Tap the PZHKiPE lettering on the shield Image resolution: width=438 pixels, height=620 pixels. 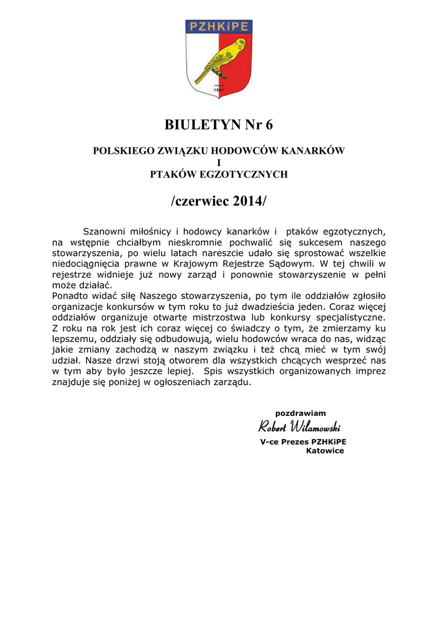pyautogui.click(x=218, y=27)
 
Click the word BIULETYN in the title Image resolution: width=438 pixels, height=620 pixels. pyautogui.click(x=200, y=125)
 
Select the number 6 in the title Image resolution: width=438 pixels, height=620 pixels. pyautogui.click(x=269, y=125)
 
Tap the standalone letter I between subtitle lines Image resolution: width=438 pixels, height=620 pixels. pyautogui.click(x=218, y=162)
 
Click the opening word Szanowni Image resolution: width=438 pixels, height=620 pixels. pyautogui.click(x=103, y=231)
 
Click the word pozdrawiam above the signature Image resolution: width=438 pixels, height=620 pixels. pyautogui.click(x=301, y=413)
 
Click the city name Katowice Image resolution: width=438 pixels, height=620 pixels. pyautogui.click(x=325, y=450)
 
